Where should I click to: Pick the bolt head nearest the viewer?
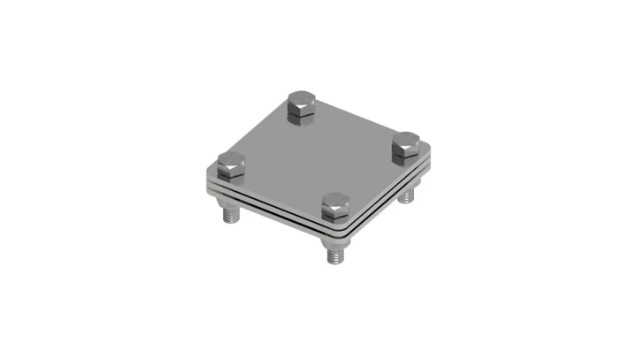pos(338,207)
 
